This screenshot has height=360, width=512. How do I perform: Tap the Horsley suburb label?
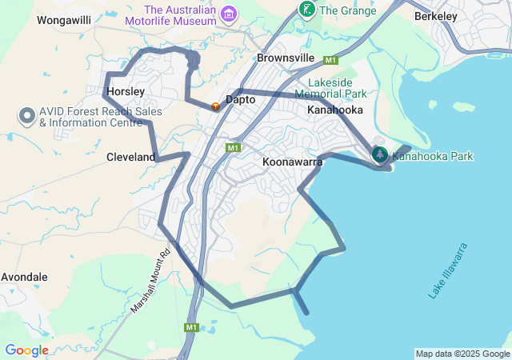tap(125, 92)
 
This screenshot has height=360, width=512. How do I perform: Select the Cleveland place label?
tap(131, 158)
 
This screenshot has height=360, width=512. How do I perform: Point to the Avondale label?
tap(24, 277)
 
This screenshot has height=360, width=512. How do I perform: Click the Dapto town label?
tap(240, 100)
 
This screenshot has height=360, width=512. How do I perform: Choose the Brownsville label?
tap(286, 58)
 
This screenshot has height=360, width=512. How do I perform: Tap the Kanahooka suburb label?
tap(335, 110)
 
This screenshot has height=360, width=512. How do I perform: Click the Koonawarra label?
tap(292, 162)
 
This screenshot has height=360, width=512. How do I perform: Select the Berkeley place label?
tap(436, 16)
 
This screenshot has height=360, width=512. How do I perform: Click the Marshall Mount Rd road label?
tap(151, 280)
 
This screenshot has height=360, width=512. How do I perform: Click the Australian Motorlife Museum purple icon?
tap(230, 14)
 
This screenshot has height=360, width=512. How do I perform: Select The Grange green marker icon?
tap(306, 10)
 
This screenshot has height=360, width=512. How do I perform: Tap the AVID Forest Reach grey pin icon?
tap(26, 116)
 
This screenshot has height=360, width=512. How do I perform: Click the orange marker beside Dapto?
tap(214, 106)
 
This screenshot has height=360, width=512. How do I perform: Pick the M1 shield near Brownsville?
tap(330, 60)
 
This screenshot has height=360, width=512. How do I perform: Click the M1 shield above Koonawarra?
tap(233, 147)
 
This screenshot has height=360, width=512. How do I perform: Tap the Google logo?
tap(26, 350)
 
